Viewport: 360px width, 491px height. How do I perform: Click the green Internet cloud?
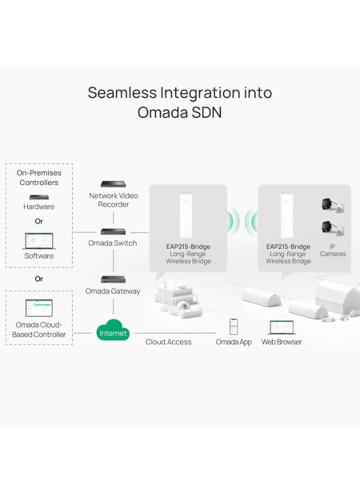coord(113,331)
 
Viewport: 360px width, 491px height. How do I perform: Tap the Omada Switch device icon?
coord(113,232)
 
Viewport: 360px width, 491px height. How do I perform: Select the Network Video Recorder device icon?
coord(113,184)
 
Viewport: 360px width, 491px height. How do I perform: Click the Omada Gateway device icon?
coord(113,279)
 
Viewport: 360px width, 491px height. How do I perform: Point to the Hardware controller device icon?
coord(39,197)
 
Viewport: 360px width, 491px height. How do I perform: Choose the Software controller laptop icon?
coord(39,241)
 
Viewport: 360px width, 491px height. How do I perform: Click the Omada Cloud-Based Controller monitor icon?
coord(39,308)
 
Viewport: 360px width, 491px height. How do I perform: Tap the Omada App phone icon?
coord(233,327)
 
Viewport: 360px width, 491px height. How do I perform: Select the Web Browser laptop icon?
coord(281,327)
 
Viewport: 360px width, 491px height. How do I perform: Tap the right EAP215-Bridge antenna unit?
coord(288,215)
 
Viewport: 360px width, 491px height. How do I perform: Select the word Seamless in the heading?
coord(122,92)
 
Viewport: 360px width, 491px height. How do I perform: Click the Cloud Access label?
coord(168,342)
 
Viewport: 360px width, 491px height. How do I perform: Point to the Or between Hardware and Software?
coord(39,221)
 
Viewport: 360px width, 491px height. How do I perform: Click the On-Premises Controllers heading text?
coord(39,178)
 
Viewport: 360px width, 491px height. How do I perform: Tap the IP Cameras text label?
coord(333,250)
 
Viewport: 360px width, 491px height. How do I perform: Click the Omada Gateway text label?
coord(113,291)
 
